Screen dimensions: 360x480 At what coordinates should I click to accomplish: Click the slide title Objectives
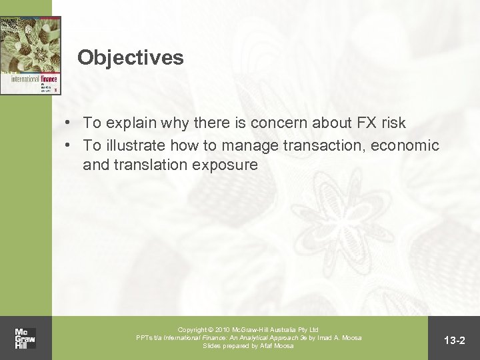point(130,57)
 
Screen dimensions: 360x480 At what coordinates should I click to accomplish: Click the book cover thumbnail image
point(31,56)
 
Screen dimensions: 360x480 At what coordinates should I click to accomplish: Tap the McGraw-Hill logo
point(26,338)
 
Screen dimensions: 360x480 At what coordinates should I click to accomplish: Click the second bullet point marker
point(69,145)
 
